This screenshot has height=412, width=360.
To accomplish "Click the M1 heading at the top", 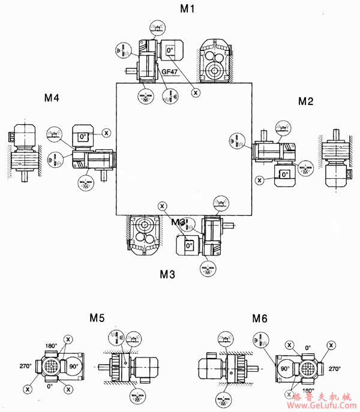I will coord(188,8).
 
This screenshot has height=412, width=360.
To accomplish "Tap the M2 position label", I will coord(306,101).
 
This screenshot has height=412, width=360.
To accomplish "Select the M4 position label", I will coord(52,98).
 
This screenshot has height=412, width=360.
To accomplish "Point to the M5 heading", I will coord(98,317).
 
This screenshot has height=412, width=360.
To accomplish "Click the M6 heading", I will coord(260,317).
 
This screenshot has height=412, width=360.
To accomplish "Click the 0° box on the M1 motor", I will coord(170,51).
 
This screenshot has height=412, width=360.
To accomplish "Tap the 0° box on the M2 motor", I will coord(283,174).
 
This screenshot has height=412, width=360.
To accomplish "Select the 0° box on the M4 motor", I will coord(83,137).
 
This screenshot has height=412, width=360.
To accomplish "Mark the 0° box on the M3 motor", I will coord(188,245).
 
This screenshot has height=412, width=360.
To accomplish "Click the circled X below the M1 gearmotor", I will coord(196,92).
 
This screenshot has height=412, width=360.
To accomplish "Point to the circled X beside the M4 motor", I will coord(106,132).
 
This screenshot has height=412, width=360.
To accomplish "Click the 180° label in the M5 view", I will coord(50,346).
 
